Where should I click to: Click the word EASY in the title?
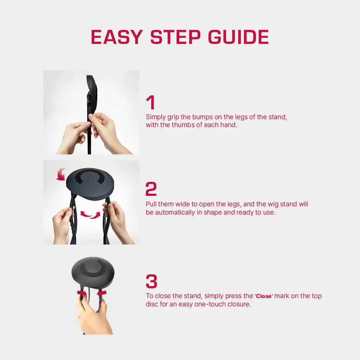pyautogui.click(x=117, y=37)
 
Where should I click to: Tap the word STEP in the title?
pyautogui.click(x=176, y=37)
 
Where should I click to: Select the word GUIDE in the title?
pyautogui.click(x=238, y=37)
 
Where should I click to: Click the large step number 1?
pyautogui.click(x=150, y=102)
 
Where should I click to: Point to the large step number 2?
pyautogui.click(x=151, y=189)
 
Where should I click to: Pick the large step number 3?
pyautogui.click(x=152, y=281)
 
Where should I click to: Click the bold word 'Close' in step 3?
pyautogui.click(x=264, y=296)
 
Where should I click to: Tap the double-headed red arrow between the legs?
pyautogui.click(x=90, y=215)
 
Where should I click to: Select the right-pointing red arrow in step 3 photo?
pyautogui.click(x=82, y=293)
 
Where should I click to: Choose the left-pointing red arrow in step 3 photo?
pyautogui.click(x=102, y=293)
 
